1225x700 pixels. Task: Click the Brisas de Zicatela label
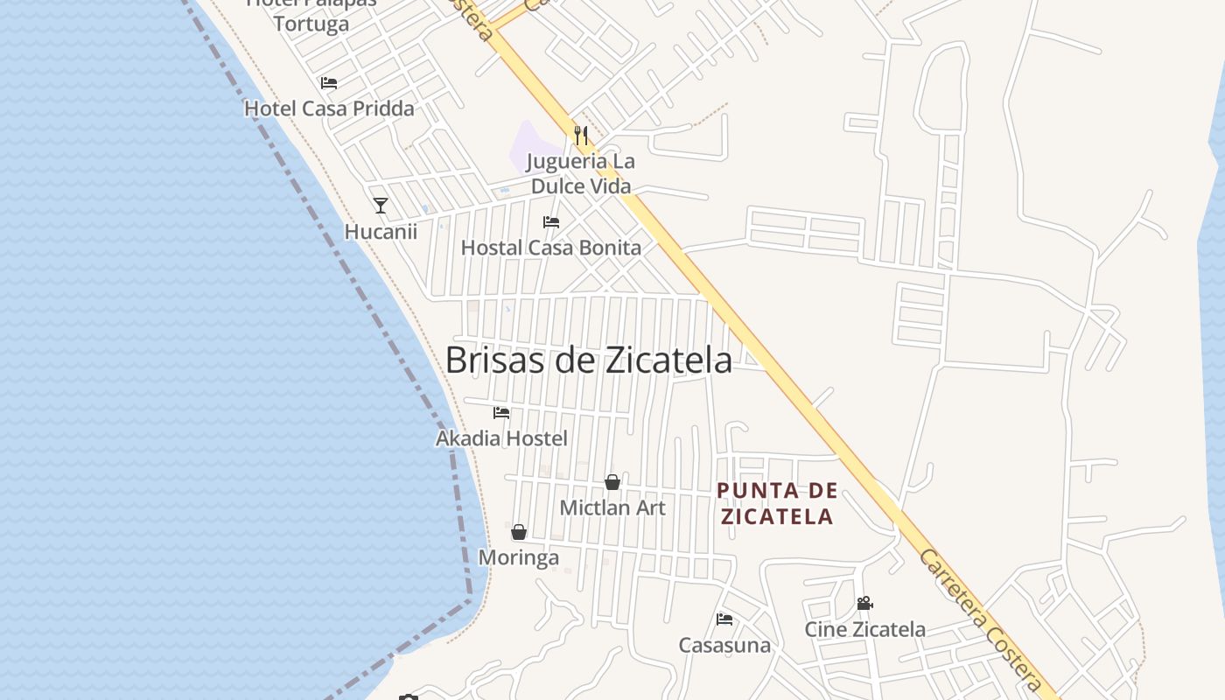pyautogui.click(x=588, y=360)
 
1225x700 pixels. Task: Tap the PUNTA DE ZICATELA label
pyautogui.click(x=777, y=503)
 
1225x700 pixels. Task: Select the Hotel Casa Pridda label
pyautogui.click(x=329, y=108)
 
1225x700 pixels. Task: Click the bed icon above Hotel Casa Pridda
pyautogui.click(x=329, y=83)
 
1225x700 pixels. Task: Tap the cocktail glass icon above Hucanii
pyautogui.click(x=380, y=206)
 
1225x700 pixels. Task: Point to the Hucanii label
pyautogui.click(x=381, y=232)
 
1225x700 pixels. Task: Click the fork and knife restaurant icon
pyautogui.click(x=581, y=135)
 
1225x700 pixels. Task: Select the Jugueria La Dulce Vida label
pyautogui.click(x=581, y=173)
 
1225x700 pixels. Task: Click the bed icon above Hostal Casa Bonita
pyautogui.click(x=551, y=222)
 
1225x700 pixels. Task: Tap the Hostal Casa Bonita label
pyautogui.click(x=551, y=248)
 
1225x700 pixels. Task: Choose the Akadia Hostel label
pyautogui.click(x=501, y=438)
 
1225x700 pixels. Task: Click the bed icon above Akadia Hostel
pyautogui.click(x=501, y=412)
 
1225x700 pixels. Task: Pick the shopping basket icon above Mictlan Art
pyautogui.click(x=612, y=482)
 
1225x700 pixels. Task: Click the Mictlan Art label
pyautogui.click(x=612, y=507)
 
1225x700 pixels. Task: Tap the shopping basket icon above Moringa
pyautogui.click(x=519, y=532)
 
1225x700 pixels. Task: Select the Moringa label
pyautogui.click(x=519, y=557)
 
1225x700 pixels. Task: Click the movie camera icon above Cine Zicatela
pyautogui.click(x=865, y=604)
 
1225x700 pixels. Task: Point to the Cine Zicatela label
pyautogui.click(x=865, y=629)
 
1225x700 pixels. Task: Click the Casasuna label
pyautogui.click(x=724, y=646)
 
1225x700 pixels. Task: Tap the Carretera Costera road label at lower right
pyautogui.click(x=982, y=621)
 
